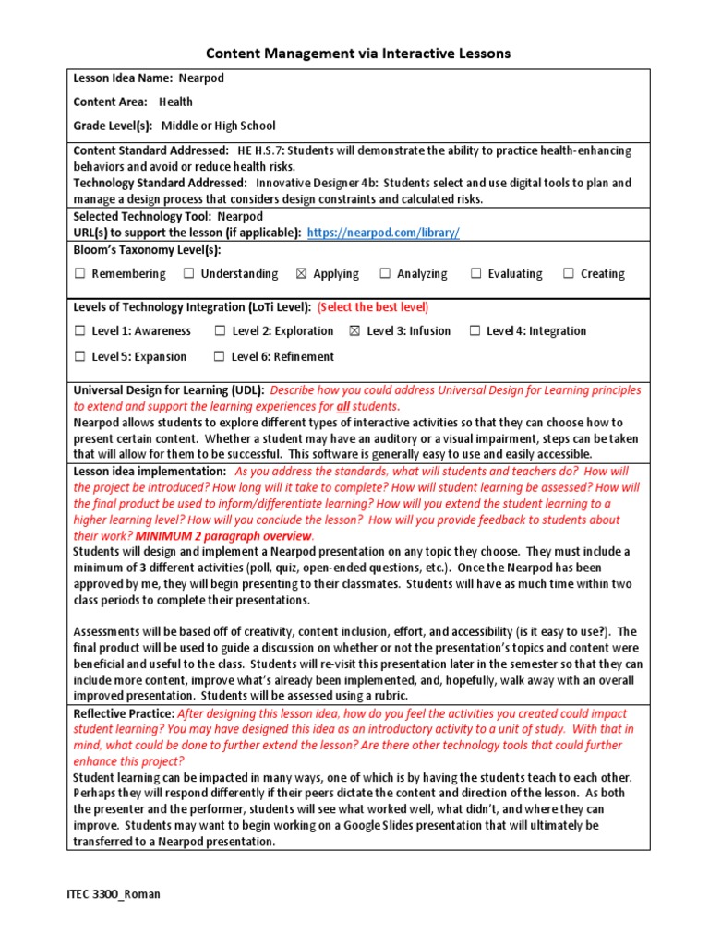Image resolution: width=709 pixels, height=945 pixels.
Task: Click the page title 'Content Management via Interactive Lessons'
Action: (356, 54)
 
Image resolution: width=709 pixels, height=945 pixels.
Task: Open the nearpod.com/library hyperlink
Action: (382, 233)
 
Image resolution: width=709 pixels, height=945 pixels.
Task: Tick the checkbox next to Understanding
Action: (188, 274)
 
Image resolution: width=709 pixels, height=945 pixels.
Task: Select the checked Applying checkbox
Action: (301, 274)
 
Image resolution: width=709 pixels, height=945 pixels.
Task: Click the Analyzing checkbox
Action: (384, 274)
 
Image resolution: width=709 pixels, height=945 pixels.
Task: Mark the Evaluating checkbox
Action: (475, 274)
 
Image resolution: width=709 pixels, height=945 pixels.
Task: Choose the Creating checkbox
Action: (569, 274)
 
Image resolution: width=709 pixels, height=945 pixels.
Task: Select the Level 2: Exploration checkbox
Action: (220, 331)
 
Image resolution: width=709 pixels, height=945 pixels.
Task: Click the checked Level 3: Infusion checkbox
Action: (354, 331)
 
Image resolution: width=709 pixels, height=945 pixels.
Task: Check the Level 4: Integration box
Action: (475, 331)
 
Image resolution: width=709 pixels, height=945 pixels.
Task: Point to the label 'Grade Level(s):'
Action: (113, 126)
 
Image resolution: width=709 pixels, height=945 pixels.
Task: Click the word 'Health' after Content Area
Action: (175, 102)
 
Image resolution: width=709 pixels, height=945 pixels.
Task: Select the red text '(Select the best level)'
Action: (373, 307)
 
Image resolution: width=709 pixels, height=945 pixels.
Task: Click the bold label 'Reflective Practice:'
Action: (124, 713)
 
